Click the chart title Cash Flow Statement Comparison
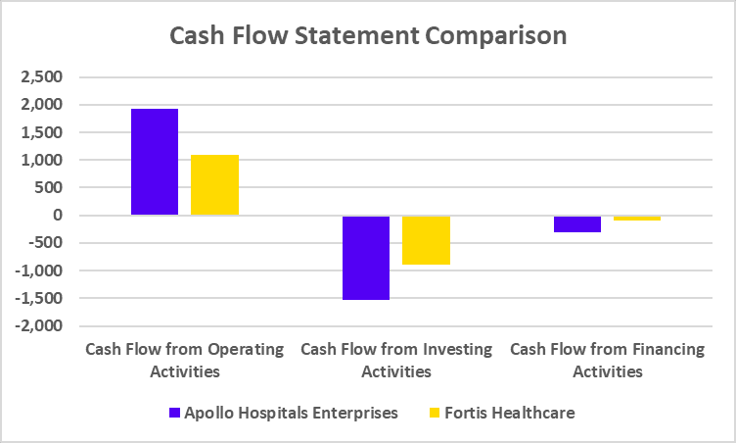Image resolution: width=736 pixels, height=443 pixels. coord(368,36)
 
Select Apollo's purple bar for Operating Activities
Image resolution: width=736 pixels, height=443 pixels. coord(155,162)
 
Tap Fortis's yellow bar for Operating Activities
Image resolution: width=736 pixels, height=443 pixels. coord(214,185)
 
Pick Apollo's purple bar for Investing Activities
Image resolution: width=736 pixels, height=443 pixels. coord(366,257)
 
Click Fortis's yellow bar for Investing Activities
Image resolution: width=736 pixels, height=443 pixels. coord(426,240)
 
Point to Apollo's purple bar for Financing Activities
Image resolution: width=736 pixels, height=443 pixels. coord(576,223)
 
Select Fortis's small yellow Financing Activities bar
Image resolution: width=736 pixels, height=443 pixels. coord(637,219)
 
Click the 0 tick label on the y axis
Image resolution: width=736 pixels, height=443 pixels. coord(57,216)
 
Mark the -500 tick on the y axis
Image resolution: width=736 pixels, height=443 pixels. coord(44,243)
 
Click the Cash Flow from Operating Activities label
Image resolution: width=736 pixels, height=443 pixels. coord(185,360)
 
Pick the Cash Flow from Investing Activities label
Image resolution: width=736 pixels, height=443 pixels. coord(396,360)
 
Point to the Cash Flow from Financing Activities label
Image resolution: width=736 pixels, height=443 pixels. coord(608,360)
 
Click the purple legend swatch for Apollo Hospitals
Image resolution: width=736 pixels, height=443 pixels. coord(175,413)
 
